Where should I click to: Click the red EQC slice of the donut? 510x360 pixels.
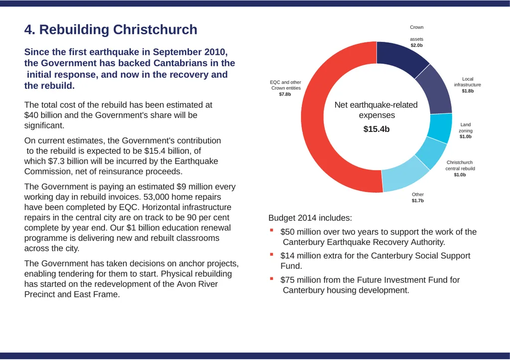tap(313, 117)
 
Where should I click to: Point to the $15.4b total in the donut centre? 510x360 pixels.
tap(377, 129)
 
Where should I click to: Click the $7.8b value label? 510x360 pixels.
tap(285, 94)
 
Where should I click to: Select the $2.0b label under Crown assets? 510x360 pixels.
tap(416, 45)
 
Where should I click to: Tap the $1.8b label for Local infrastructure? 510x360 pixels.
tap(468, 91)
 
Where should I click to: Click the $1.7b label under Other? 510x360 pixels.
tap(418, 200)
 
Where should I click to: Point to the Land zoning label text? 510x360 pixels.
tap(466, 127)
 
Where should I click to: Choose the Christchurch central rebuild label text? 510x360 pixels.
tap(460, 165)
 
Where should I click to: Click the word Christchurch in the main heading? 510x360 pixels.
tap(155, 29)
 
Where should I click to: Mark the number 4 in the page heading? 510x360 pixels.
tap(28, 29)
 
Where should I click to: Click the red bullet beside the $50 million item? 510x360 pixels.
tap(271, 230)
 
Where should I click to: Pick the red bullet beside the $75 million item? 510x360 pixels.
tap(271, 278)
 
